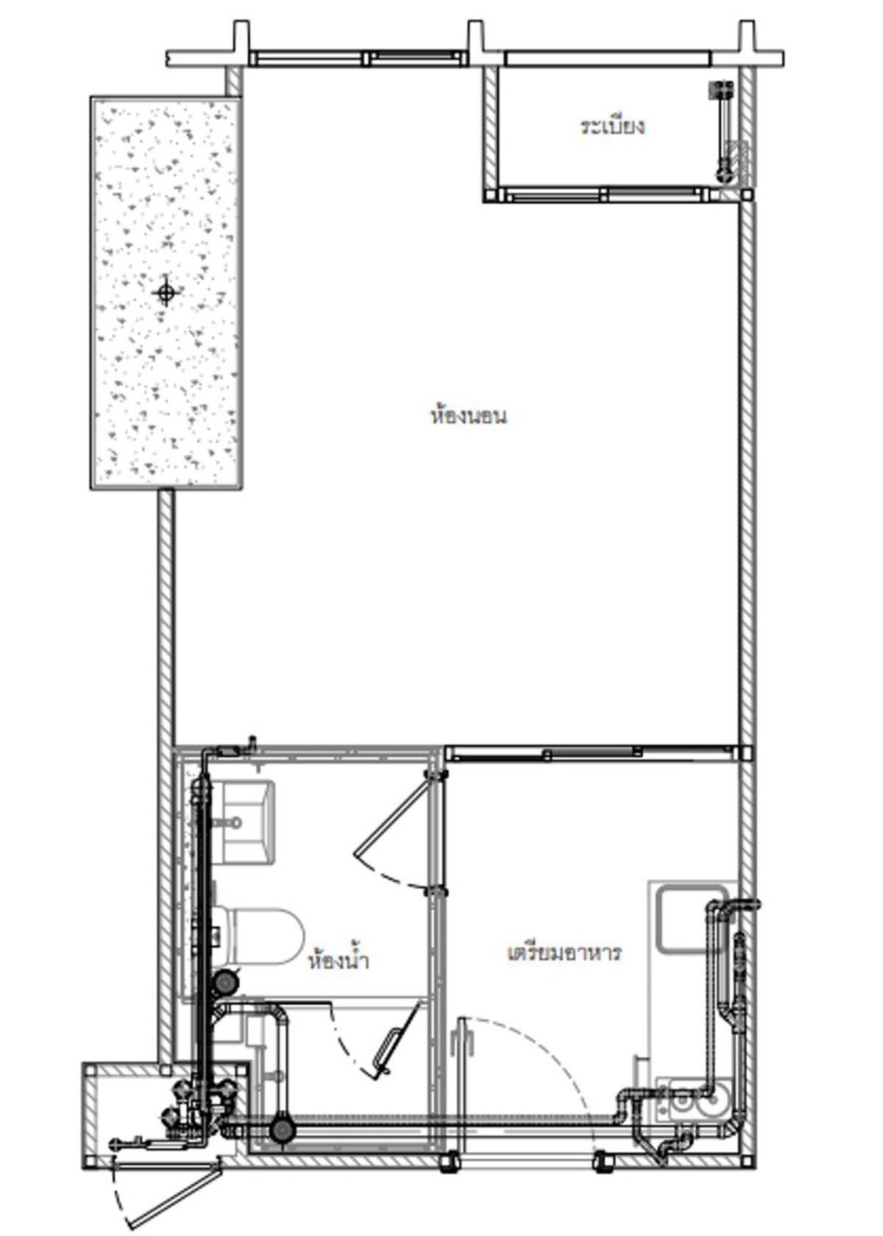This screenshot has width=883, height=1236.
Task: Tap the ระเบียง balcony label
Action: point(611,127)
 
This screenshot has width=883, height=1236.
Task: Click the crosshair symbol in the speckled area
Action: point(166,292)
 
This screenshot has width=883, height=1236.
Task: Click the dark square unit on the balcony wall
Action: point(720,88)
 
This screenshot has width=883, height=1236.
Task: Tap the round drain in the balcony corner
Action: point(723,173)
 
